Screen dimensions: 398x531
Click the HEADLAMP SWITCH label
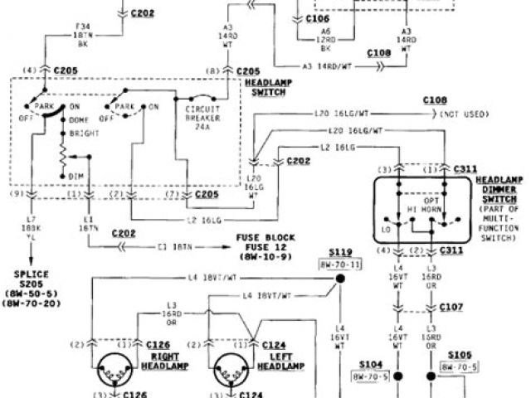pos(264,88)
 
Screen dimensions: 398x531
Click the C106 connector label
pos(319,17)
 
